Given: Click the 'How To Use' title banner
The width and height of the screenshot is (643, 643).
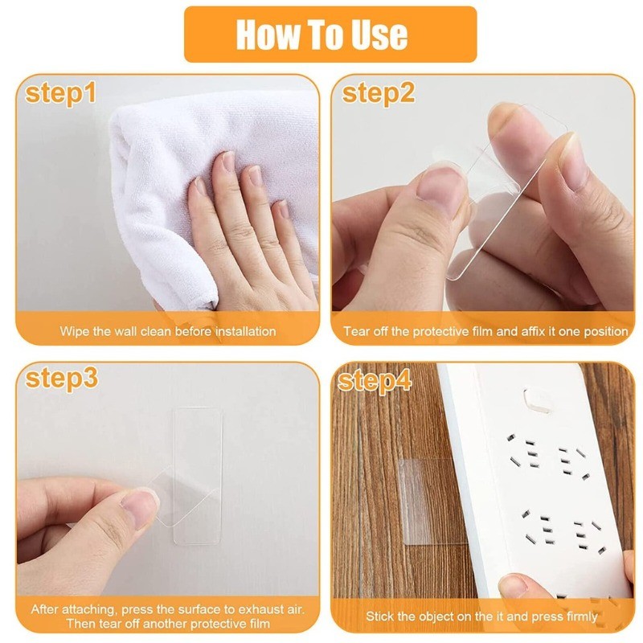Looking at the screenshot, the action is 330,34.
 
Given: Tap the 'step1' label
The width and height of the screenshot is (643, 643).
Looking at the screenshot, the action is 60,93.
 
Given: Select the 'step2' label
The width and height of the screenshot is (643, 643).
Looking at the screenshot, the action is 378,93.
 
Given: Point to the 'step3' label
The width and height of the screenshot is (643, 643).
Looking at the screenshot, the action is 62,379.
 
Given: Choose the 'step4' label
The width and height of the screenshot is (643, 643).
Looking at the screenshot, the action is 375,381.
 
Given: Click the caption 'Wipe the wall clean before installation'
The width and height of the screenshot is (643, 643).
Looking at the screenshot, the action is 168,331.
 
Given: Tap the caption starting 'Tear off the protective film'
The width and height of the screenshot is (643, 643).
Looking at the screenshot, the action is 485,331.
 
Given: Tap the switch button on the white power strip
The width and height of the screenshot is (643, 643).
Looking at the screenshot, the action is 538,400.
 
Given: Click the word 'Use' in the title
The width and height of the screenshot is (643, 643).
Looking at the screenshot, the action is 379,35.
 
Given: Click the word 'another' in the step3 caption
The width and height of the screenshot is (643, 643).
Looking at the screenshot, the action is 165,624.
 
